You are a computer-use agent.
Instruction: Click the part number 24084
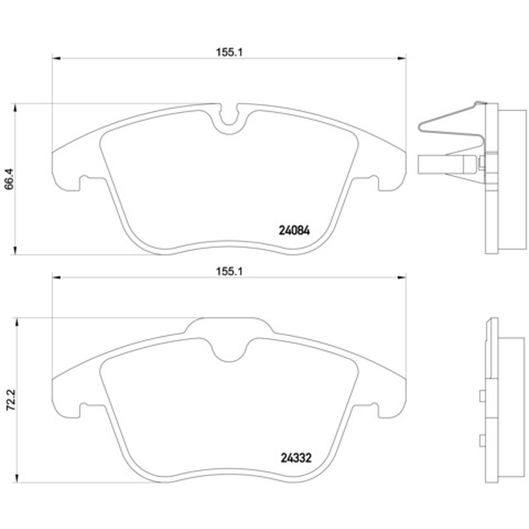(x=294, y=230)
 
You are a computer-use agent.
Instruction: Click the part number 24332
(x=296, y=458)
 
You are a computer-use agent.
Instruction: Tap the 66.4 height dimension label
(x=9, y=179)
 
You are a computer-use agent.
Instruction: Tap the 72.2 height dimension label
(x=11, y=399)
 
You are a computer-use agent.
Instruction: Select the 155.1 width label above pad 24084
(x=229, y=52)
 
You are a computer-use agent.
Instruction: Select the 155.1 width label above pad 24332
(x=229, y=271)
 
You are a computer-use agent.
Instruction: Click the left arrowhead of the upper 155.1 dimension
(x=56, y=59)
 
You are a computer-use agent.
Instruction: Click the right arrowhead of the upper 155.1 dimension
(x=402, y=59)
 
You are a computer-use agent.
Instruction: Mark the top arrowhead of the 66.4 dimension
(x=15, y=108)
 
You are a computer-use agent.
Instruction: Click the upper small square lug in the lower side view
(x=483, y=395)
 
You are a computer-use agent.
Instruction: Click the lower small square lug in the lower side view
(x=483, y=440)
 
